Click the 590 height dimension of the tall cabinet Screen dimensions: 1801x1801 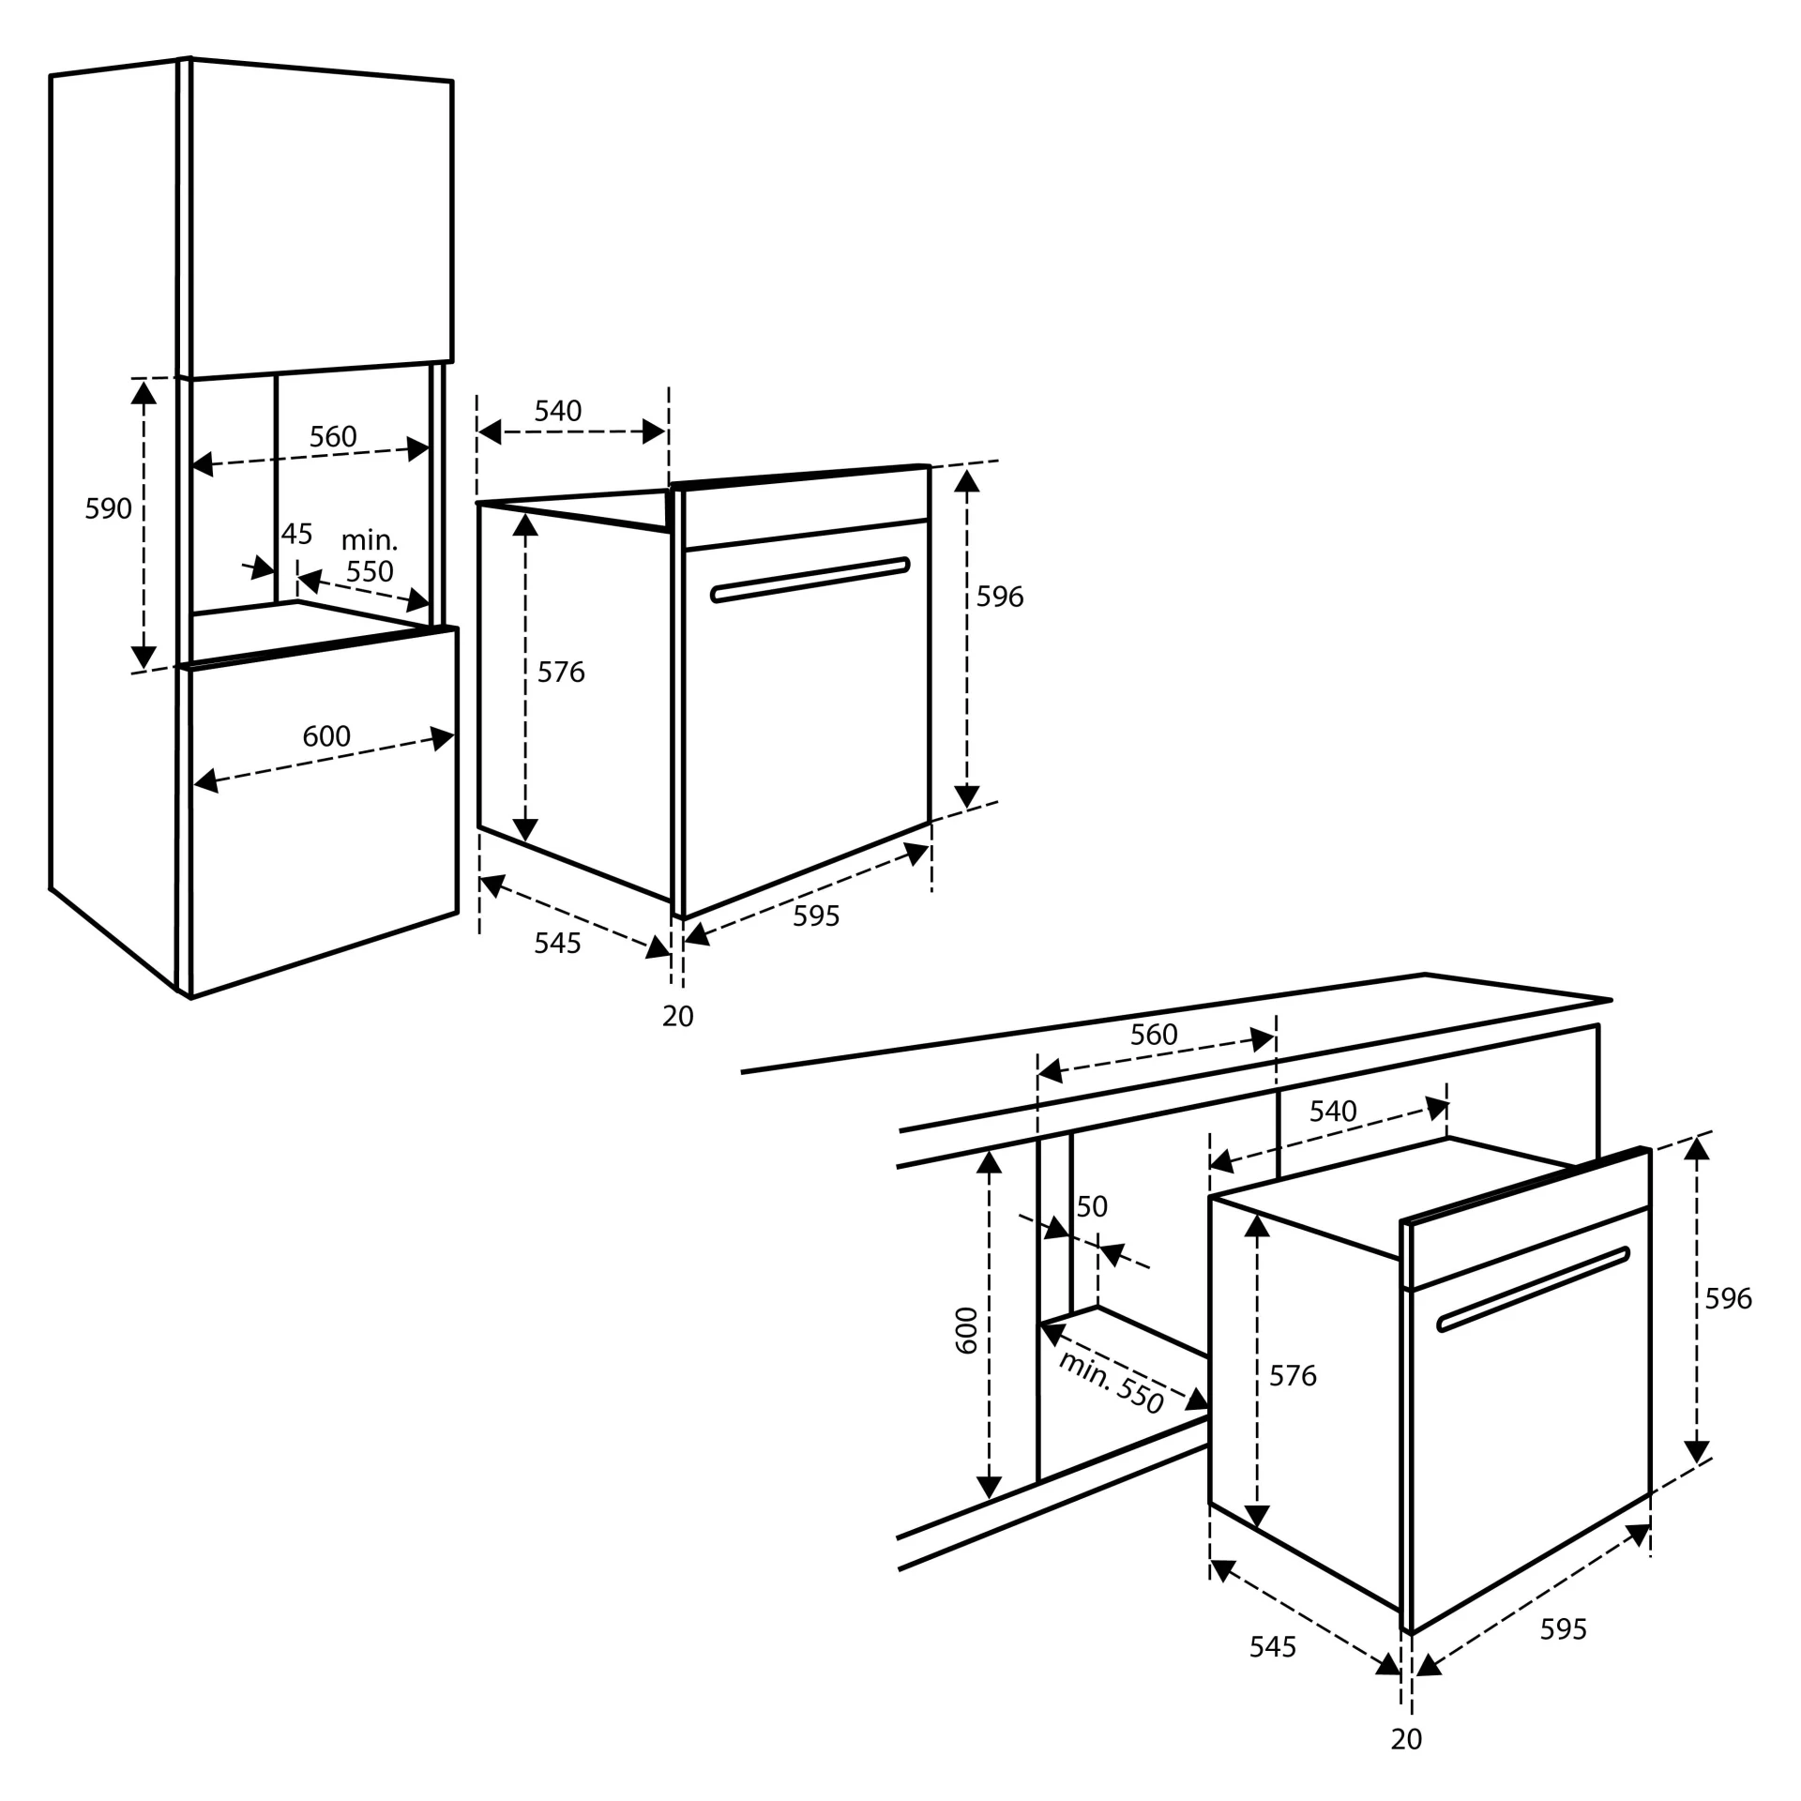tap(108, 508)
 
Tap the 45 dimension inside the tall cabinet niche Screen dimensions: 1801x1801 tap(296, 534)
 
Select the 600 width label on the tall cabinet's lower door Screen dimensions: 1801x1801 tap(325, 735)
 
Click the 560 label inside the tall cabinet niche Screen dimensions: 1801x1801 tap(333, 436)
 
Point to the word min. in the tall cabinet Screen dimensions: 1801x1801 tap(369, 540)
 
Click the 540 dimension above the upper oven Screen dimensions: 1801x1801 tap(557, 410)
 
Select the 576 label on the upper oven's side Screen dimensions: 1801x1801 tap(560, 672)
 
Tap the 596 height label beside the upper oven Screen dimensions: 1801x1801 tap(999, 597)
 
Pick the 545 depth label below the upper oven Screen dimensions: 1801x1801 tap(557, 943)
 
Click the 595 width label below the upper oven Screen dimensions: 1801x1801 tap(815, 916)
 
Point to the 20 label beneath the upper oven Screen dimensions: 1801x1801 tap(677, 1016)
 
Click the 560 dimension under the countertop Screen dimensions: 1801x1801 tap(1153, 1034)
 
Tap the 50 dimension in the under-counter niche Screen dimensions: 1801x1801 tap(1091, 1205)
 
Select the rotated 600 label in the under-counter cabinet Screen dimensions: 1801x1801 tap(966, 1329)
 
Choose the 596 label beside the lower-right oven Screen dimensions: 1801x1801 tap(1728, 1298)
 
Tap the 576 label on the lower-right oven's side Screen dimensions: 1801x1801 tap(1292, 1375)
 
